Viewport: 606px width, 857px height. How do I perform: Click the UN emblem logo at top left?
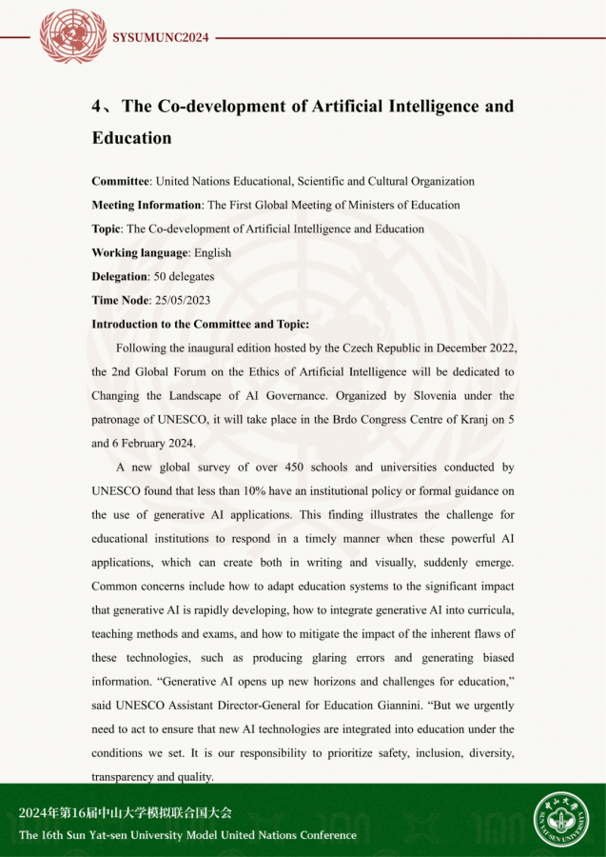pyautogui.click(x=73, y=37)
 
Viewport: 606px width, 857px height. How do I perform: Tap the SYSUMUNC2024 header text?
pyautogui.click(x=160, y=38)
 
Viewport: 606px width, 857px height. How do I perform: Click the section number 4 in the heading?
pyautogui.click(x=98, y=107)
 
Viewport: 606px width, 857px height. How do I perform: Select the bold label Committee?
pyautogui.click(x=121, y=181)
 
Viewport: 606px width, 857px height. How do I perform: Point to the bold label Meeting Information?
pyautogui.click(x=147, y=205)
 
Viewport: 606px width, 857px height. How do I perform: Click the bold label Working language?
pyautogui.click(x=140, y=252)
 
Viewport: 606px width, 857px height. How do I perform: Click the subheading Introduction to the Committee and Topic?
pyautogui.click(x=200, y=324)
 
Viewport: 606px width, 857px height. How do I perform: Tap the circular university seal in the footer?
pyautogui.click(x=560, y=820)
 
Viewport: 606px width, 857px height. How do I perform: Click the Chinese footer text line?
pyautogui.click(x=125, y=813)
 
